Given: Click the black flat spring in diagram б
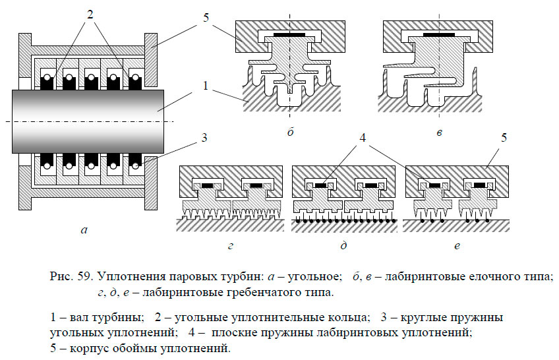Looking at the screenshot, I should pos(290,32).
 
